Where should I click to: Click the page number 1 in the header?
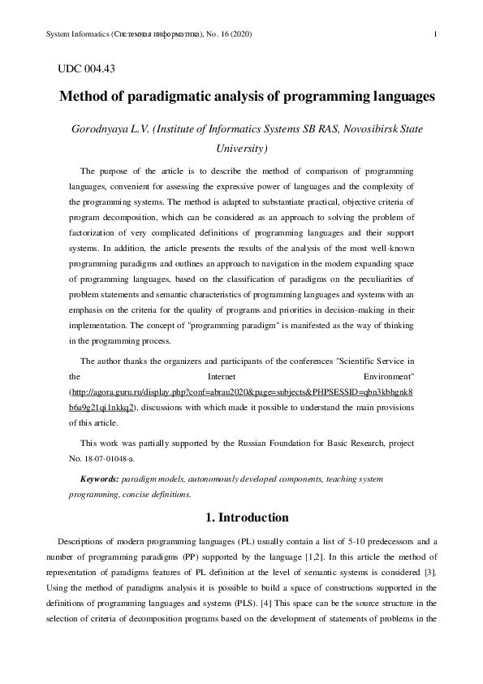(437, 33)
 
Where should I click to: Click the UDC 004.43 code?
(87, 70)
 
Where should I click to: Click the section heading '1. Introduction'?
(242, 517)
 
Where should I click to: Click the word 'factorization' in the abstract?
(95, 233)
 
